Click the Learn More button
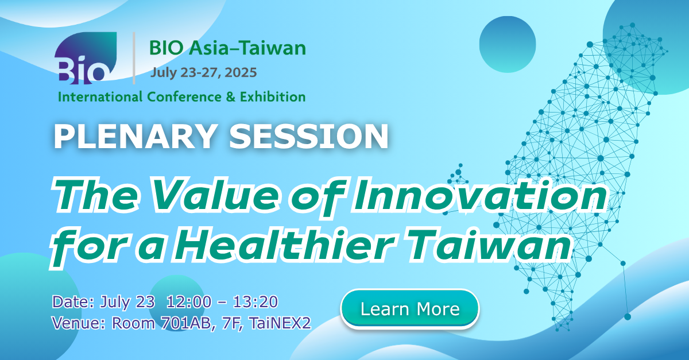point(410,309)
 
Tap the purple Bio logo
point(86,58)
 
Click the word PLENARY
point(134,136)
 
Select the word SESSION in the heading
point(308,136)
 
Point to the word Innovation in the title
point(481,195)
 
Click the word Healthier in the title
point(285,246)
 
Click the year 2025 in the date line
point(241,72)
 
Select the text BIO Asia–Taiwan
point(227,48)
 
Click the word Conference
point(184,97)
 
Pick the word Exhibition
point(273,97)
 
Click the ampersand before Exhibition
point(231,97)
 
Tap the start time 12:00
point(189,302)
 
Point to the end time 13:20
point(256,302)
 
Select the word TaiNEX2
point(280,323)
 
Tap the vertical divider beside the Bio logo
point(134,58)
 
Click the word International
point(100,97)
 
